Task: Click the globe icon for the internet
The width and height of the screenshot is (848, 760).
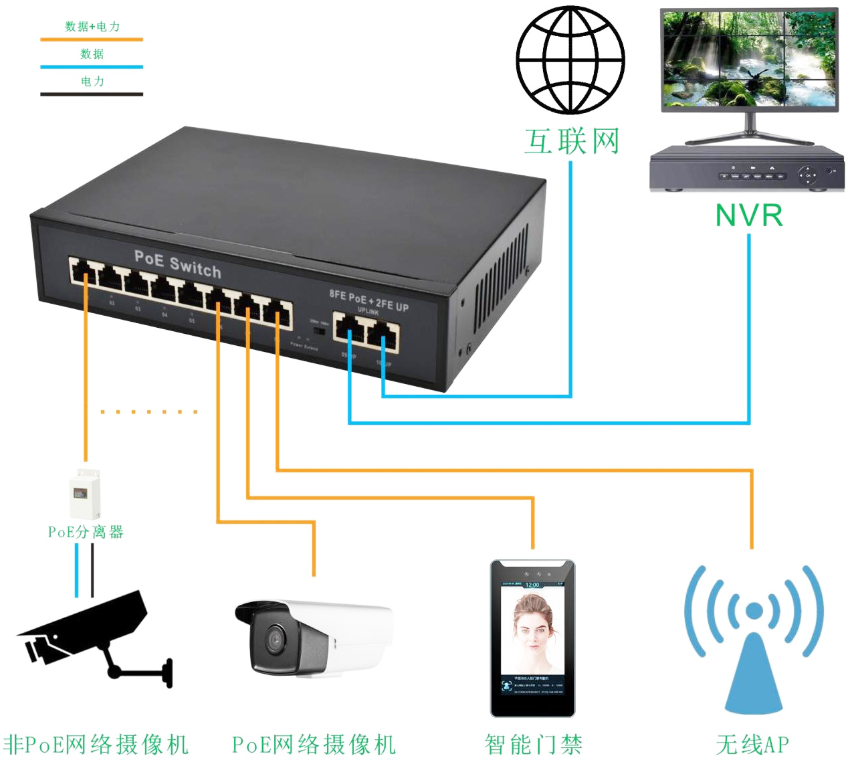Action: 570,60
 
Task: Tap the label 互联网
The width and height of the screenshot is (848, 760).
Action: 572,142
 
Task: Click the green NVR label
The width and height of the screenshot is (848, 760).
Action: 748,215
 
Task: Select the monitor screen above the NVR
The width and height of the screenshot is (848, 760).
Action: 749,58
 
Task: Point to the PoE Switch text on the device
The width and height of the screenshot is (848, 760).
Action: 177,264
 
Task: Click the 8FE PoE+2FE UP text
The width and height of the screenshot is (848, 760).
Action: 368,299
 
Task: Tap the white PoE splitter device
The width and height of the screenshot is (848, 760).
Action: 86,494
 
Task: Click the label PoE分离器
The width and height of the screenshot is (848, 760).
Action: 86,532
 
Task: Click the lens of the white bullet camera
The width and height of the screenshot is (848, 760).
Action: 274,640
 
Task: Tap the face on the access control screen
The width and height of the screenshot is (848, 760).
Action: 532,629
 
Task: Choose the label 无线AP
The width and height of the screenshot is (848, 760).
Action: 752,744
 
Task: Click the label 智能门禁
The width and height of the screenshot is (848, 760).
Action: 533,744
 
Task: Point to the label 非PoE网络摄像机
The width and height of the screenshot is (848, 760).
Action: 96,744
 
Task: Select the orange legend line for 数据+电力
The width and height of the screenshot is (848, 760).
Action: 92,39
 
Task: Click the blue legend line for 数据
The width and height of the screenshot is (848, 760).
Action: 92,67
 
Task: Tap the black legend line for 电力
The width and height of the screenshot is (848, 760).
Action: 92,94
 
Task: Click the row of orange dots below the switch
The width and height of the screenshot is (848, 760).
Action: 148,412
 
